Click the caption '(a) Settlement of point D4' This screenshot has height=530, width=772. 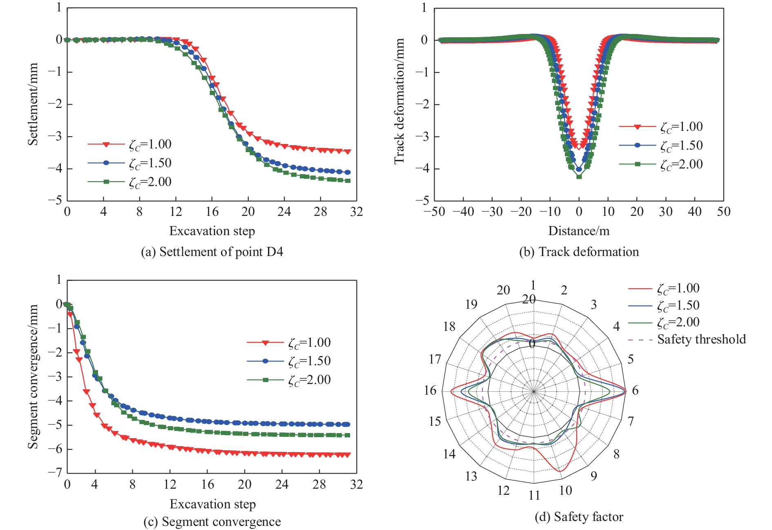(x=212, y=252)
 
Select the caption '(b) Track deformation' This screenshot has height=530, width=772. (x=579, y=252)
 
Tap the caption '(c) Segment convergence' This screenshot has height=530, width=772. (x=212, y=521)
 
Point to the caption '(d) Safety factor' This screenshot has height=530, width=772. (x=579, y=517)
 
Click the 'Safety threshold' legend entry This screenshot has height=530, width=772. (x=701, y=339)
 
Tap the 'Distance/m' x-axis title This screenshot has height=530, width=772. (x=579, y=231)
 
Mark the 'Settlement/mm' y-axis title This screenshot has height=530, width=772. (x=33, y=104)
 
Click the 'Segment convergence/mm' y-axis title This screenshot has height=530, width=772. (x=33, y=376)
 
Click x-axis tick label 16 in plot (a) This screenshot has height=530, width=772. (x=212, y=211)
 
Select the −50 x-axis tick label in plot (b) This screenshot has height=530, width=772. (x=434, y=211)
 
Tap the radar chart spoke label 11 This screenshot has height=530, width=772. (x=534, y=496)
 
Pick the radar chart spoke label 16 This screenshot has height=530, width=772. (x=430, y=391)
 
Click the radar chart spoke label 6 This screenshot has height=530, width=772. (x=635, y=391)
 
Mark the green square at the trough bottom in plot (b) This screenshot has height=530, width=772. (x=579, y=176)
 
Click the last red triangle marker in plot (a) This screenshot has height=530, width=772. (x=348, y=152)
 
